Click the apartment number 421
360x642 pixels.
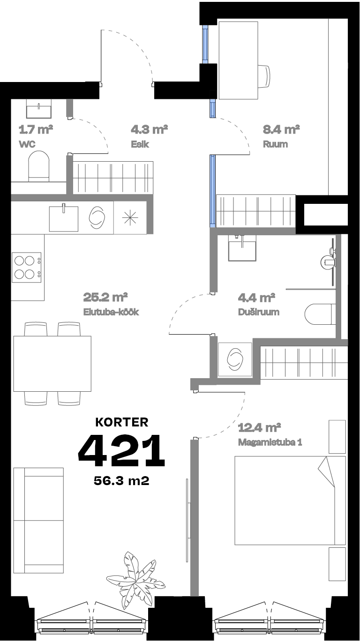[121, 451]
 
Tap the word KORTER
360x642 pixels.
[122, 422]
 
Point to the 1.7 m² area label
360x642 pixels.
[35, 129]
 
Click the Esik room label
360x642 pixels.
[140, 144]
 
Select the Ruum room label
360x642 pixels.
[275, 144]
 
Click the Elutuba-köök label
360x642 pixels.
[111, 312]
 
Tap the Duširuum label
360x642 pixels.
[258, 312]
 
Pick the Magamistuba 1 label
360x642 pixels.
[269, 442]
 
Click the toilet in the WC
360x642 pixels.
[38, 166]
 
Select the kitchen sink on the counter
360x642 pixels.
[63, 217]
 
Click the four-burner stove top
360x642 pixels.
[26, 267]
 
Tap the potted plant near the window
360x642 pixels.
[135, 577]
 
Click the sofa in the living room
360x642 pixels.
[38, 520]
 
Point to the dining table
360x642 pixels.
[52, 364]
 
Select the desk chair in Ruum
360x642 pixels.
[264, 76]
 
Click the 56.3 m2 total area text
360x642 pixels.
[122, 481]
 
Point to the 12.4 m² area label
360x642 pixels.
[259, 427]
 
